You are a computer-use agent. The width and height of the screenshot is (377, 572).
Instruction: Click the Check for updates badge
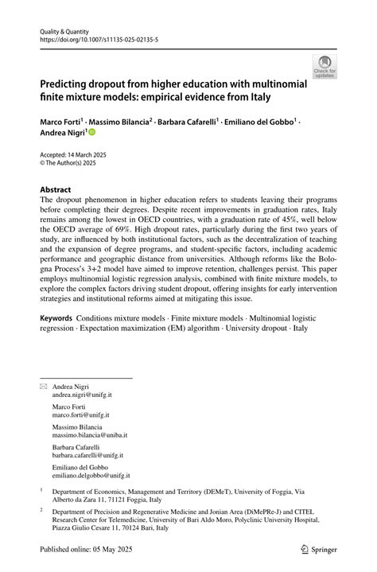(x=325, y=66)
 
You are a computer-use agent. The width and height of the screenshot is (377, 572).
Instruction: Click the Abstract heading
(x=56, y=190)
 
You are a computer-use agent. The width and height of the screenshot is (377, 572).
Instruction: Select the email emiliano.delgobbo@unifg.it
(x=91, y=476)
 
